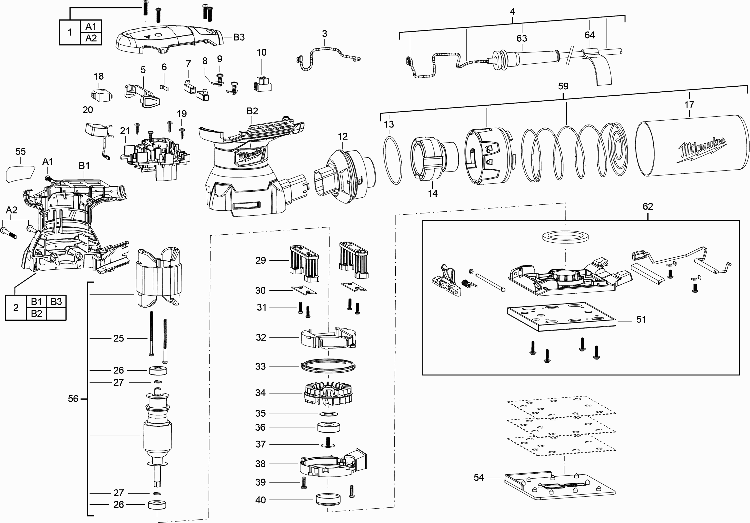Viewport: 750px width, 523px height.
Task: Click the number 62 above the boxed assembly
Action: tap(647, 206)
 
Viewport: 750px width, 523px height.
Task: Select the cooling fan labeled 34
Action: tap(328, 393)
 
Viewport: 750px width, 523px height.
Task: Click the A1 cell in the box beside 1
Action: tap(91, 26)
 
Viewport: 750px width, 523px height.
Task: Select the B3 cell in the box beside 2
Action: tap(56, 302)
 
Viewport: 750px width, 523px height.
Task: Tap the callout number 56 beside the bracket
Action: tap(73, 398)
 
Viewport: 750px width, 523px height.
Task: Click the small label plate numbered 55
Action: tap(20, 174)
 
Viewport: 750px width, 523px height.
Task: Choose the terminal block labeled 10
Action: tap(262, 84)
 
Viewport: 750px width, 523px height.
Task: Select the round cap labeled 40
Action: tap(328, 500)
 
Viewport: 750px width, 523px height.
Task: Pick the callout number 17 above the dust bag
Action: tap(689, 105)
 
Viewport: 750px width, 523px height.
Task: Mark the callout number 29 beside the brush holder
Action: tap(260, 260)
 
